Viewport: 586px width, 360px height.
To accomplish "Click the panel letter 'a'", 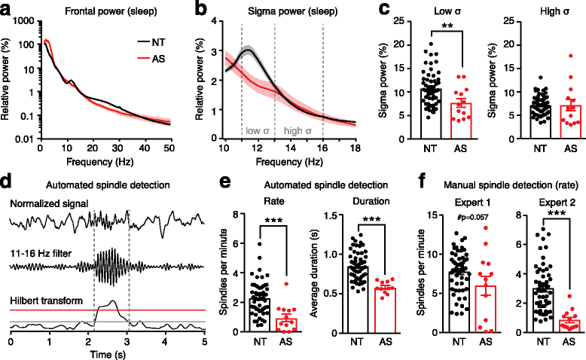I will [x=7, y=8].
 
